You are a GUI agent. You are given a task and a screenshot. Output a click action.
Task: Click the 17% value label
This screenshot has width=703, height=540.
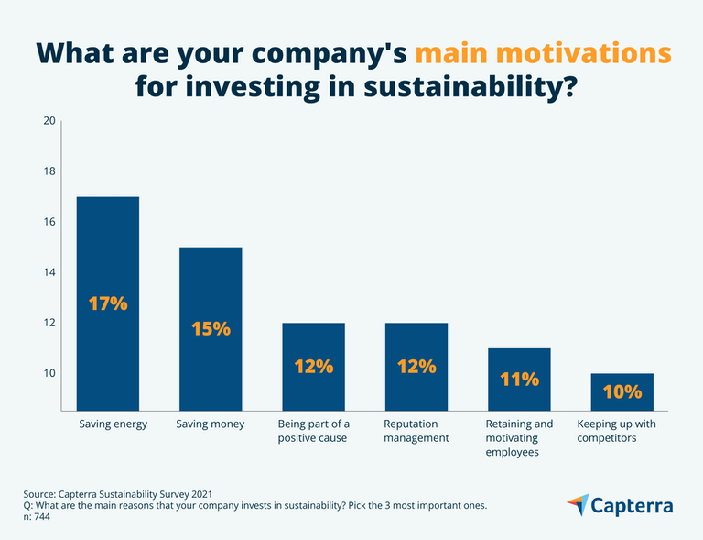(108, 303)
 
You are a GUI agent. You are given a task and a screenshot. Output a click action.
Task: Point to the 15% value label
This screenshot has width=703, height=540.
(211, 328)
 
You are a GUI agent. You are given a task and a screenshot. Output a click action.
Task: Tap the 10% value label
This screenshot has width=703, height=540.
(622, 392)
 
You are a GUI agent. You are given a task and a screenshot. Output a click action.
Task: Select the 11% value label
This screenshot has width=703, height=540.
(519, 378)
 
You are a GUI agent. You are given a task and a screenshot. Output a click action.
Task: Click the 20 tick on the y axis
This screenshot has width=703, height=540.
(50, 121)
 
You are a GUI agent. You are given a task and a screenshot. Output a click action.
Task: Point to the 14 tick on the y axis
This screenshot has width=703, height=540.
(50, 272)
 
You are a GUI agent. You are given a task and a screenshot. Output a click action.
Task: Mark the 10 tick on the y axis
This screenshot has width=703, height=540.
(50, 373)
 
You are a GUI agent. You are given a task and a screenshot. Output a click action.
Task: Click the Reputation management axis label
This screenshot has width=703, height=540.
(416, 431)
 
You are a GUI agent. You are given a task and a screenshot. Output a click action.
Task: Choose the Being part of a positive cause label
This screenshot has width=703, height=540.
(313, 431)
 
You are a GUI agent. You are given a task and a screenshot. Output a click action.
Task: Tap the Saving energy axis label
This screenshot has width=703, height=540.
(113, 424)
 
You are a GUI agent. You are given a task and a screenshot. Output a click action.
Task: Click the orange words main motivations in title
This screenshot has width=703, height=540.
(543, 52)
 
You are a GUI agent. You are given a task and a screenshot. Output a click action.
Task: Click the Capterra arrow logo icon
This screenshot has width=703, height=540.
(578, 504)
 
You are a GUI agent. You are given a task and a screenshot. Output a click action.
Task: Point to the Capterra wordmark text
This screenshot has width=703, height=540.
(633, 505)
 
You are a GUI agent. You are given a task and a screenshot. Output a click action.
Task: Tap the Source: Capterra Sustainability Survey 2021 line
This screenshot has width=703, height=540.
(124, 493)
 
